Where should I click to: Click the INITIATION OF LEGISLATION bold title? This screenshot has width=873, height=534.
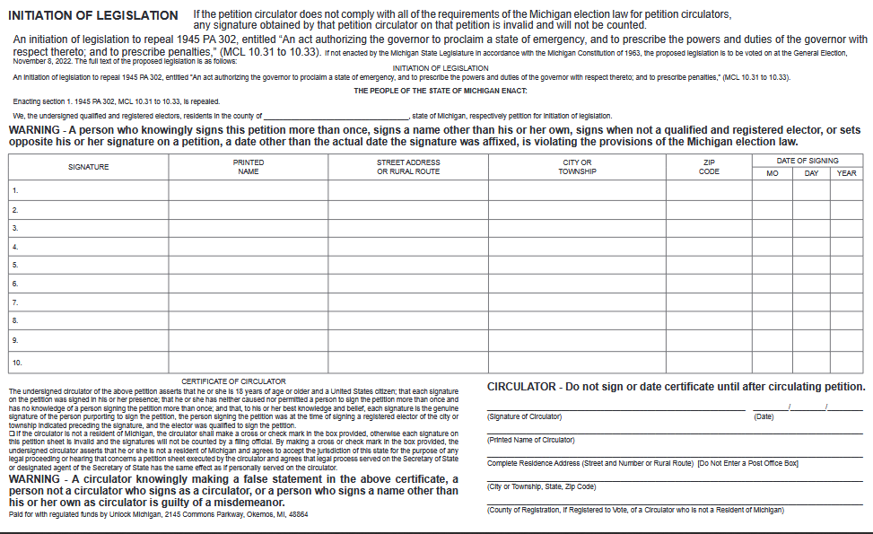pyautogui.click(x=92, y=15)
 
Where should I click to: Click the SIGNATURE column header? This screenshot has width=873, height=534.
pyautogui.click(x=88, y=167)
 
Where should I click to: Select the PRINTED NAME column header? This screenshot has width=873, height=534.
pyautogui.click(x=249, y=167)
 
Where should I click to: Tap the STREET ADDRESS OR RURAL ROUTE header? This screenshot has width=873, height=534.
pyautogui.click(x=408, y=167)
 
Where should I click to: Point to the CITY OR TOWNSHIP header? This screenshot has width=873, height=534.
pyautogui.click(x=577, y=167)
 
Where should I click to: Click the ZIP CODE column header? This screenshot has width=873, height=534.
pyautogui.click(x=708, y=167)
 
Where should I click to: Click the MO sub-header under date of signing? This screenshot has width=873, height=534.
pyautogui.click(x=772, y=173)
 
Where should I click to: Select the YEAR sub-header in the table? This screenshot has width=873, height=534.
pyautogui.click(x=846, y=173)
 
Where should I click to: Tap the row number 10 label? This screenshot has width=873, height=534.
pyautogui.click(x=16, y=363)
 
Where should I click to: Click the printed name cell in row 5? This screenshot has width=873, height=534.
pyautogui.click(x=249, y=266)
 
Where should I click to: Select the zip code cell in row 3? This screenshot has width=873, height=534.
pyautogui.click(x=708, y=228)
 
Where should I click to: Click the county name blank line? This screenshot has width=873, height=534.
pyautogui.click(x=336, y=117)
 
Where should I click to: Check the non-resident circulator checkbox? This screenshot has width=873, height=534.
pyautogui.click(x=11, y=433)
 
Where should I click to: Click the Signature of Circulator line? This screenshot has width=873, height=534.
pyautogui.click(x=615, y=408)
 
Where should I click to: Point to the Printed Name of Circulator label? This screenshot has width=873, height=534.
pyautogui.click(x=531, y=440)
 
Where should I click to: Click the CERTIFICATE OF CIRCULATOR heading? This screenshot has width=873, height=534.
pyautogui.click(x=233, y=381)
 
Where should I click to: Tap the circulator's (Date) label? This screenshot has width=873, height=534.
pyautogui.click(x=764, y=416)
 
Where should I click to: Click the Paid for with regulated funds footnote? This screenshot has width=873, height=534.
pyautogui.click(x=158, y=514)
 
